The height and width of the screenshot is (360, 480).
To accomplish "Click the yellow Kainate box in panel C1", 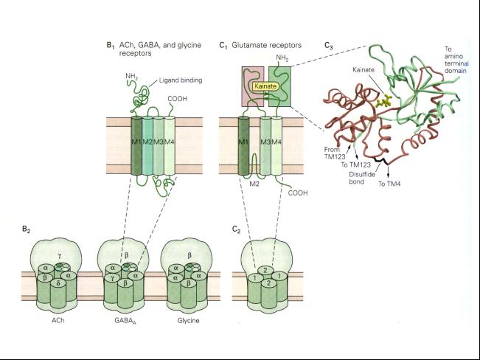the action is (x=265, y=86).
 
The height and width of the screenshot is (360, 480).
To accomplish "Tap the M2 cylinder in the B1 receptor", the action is (x=147, y=145).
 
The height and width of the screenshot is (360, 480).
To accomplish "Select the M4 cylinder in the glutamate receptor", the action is (x=276, y=146).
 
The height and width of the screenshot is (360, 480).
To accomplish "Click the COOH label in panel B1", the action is (x=177, y=99).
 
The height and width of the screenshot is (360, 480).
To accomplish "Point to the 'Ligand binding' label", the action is (x=181, y=80).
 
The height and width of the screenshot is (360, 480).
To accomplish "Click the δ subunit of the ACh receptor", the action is (x=58, y=293).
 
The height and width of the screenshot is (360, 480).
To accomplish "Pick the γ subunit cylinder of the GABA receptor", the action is (x=112, y=289).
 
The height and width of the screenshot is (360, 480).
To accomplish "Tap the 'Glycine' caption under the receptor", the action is (x=188, y=321).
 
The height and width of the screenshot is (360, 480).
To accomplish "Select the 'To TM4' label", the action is (x=389, y=184).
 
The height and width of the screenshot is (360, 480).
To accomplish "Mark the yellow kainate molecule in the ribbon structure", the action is (x=384, y=101).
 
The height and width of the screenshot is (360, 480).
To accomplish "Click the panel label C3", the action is (x=329, y=46).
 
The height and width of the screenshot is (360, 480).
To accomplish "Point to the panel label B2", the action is (x=26, y=229).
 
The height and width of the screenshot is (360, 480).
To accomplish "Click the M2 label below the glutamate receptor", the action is (x=254, y=184).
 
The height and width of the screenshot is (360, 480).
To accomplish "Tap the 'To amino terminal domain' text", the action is (x=456, y=60).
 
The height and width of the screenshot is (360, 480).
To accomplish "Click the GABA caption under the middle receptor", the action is (x=125, y=321).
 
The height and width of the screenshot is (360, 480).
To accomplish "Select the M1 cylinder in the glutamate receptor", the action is (x=243, y=146).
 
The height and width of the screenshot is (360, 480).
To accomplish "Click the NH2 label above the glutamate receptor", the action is (x=282, y=58).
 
